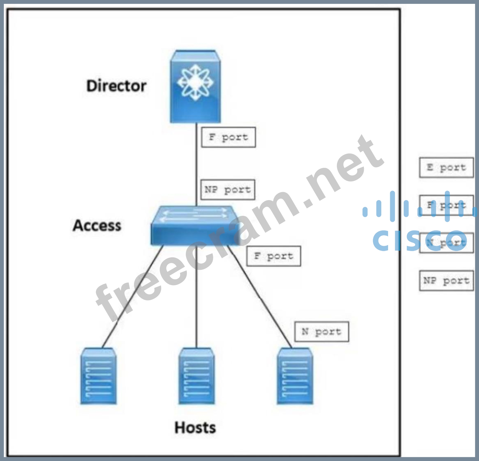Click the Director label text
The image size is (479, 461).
point(116,86)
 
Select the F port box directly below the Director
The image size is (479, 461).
point(228,137)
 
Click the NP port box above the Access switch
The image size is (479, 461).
point(228,189)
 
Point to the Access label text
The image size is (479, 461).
point(97,225)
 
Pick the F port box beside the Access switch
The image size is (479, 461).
point(273,256)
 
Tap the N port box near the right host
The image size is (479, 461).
point(322,331)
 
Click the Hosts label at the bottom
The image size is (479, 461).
point(195,427)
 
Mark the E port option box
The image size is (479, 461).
point(446,167)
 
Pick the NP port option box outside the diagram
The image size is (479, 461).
point(446,280)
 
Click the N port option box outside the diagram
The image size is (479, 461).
point(446,243)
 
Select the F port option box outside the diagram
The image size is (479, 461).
point(446,205)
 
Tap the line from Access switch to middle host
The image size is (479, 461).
point(196,295)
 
